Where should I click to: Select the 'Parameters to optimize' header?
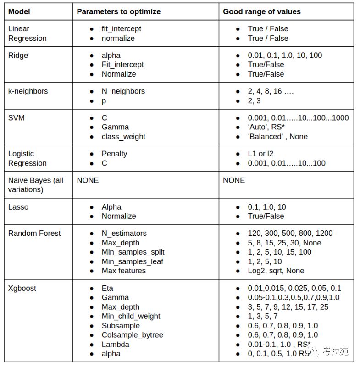[x=118, y=11]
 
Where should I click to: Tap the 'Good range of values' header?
[x=262, y=11]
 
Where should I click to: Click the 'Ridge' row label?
[x=18, y=56]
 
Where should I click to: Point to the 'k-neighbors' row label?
[x=28, y=91]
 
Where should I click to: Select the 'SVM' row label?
[x=17, y=118]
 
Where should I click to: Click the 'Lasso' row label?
[x=18, y=207]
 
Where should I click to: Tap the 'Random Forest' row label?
[x=34, y=234]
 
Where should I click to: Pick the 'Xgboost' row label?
[x=22, y=289]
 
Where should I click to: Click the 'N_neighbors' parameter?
[x=123, y=91]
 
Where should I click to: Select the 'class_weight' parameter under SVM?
[x=123, y=137]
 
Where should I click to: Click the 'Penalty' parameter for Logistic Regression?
[x=114, y=154]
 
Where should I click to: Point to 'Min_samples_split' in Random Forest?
[x=133, y=252]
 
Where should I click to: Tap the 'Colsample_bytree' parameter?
[x=132, y=335]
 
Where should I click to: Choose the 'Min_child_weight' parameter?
[x=131, y=316]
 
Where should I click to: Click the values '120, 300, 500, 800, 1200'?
[x=290, y=234]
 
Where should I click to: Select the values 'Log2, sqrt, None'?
[x=276, y=271]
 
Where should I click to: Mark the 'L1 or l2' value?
[x=260, y=154]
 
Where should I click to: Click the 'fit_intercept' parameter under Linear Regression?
[x=121, y=29]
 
